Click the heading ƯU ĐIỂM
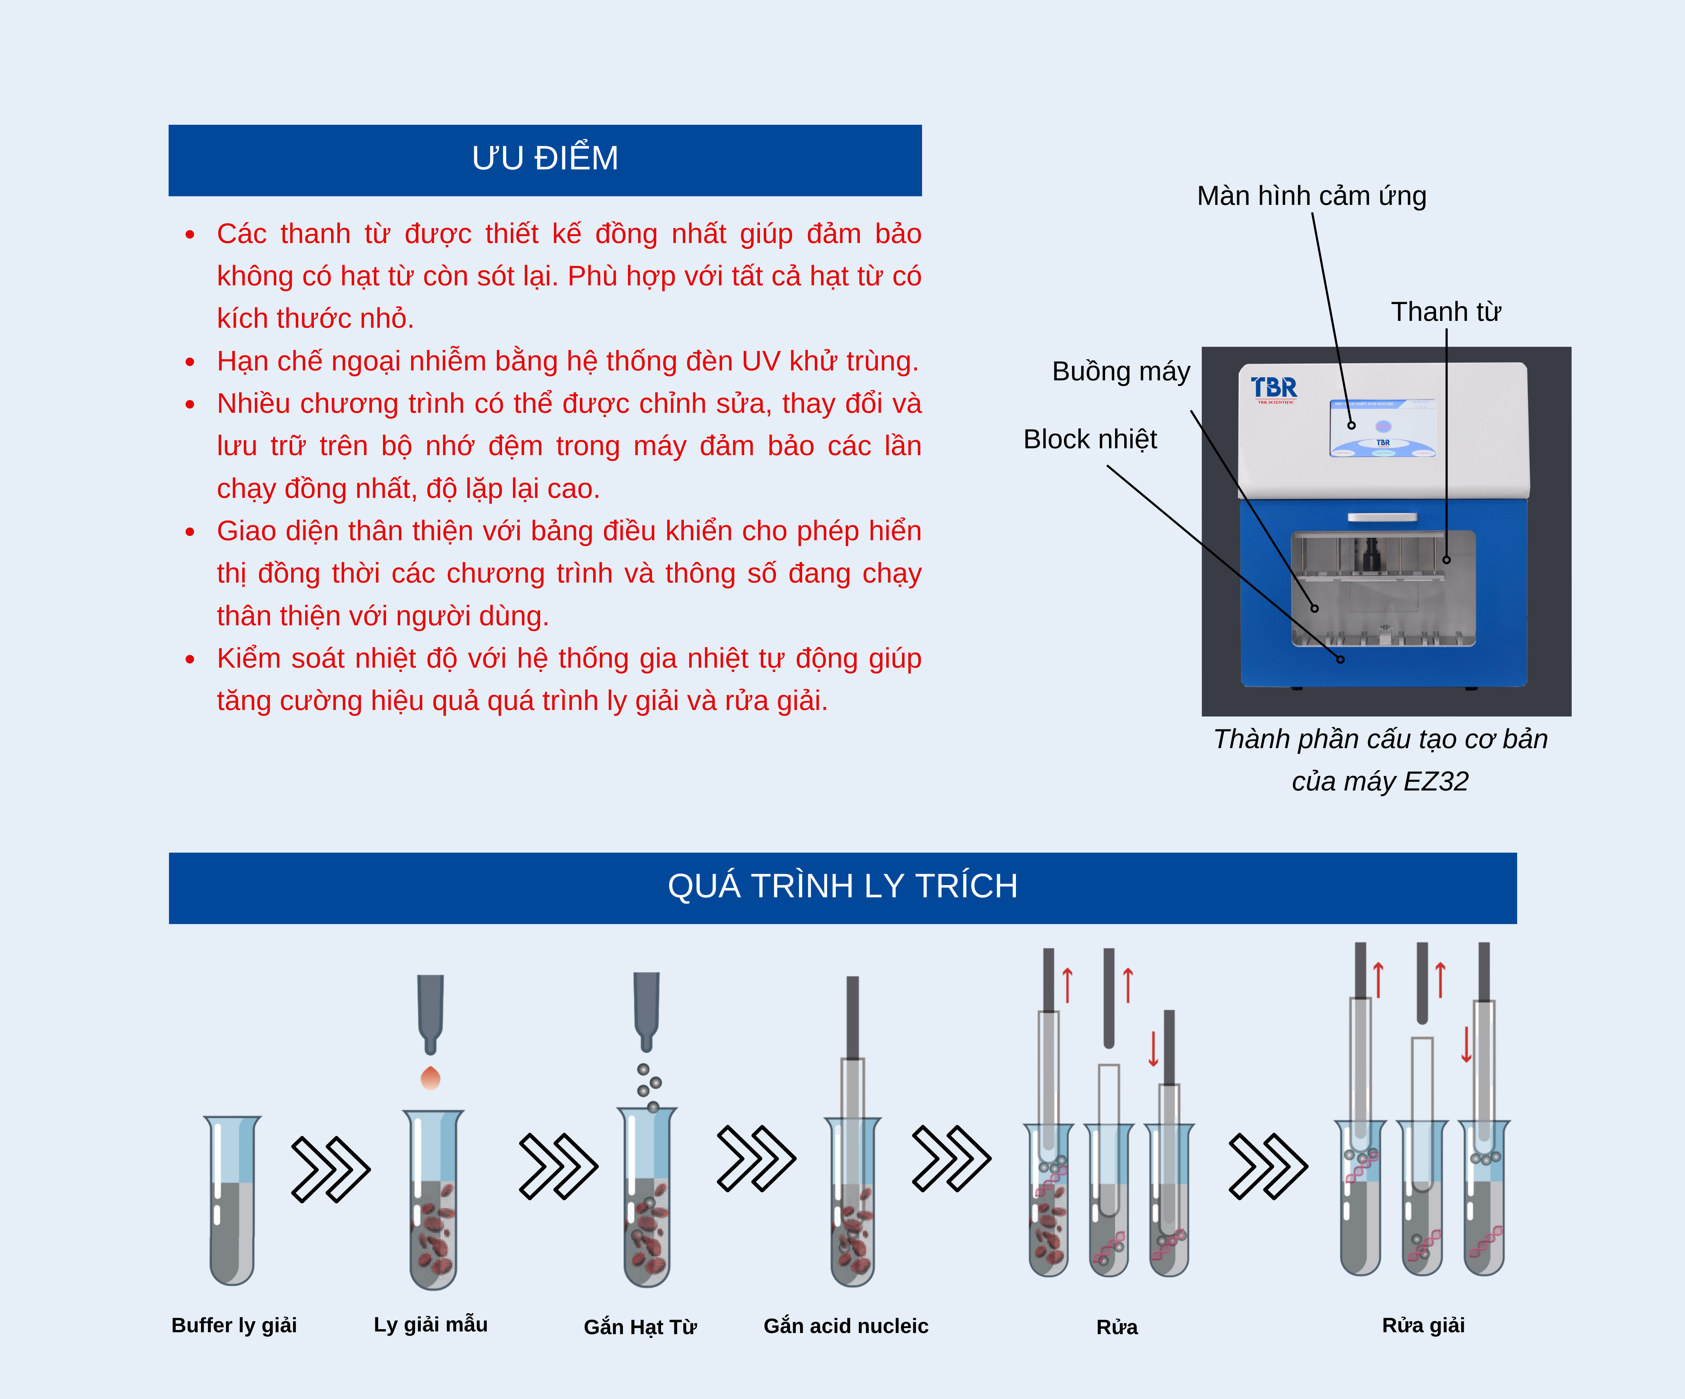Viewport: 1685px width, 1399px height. point(545,159)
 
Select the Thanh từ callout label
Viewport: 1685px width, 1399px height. point(1445,312)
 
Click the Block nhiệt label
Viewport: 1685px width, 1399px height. point(1090,440)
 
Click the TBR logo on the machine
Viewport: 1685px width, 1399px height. point(1273,388)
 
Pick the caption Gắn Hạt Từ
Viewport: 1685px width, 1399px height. point(639,1327)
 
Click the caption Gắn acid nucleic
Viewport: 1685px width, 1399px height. point(846,1326)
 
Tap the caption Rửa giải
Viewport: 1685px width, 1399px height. point(1423,1325)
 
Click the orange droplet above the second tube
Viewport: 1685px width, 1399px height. point(431,1078)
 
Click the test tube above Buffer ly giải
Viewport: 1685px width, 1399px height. point(232,1200)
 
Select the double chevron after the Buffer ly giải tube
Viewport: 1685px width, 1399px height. point(330,1169)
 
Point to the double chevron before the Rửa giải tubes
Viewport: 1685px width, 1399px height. point(1268,1166)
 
